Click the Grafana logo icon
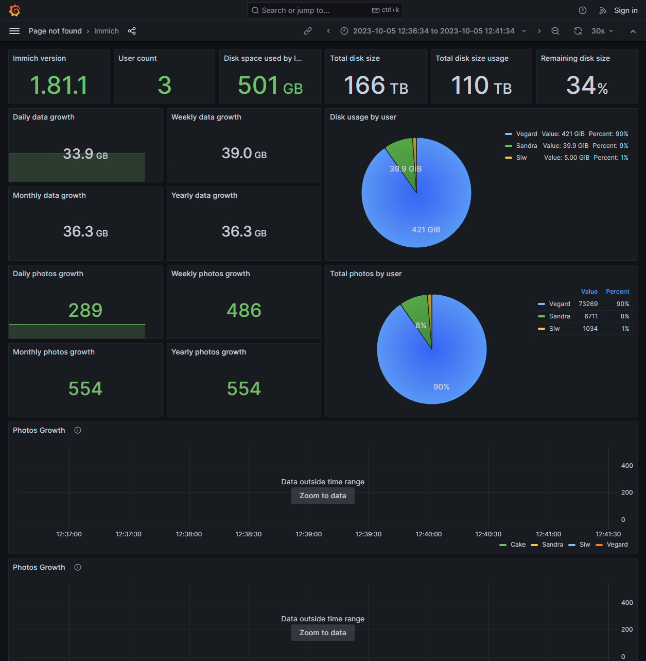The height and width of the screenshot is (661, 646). point(14,10)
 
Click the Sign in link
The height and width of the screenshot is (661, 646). point(625,10)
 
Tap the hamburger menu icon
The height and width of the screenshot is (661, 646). point(14,31)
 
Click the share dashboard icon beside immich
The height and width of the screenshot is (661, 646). point(132,31)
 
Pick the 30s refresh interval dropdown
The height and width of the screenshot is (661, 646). point(602,31)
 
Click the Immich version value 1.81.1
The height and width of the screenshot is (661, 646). point(59,86)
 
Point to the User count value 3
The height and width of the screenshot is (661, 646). point(164,86)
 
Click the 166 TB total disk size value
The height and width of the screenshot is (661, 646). point(376,86)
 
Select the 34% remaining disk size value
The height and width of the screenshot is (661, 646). point(587,86)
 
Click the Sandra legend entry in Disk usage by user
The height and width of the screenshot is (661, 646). point(526,146)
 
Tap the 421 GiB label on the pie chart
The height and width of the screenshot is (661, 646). point(426,230)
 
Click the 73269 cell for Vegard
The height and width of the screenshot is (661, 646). point(588,304)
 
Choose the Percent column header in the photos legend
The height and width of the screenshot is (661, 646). point(617,292)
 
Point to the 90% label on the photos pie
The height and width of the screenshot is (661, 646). point(442,387)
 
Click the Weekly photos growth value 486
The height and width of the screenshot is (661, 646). point(244,311)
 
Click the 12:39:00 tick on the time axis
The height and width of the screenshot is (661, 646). point(309,534)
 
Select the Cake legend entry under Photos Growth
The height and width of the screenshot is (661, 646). point(518,545)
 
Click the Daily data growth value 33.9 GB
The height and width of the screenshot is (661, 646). point(85,154)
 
